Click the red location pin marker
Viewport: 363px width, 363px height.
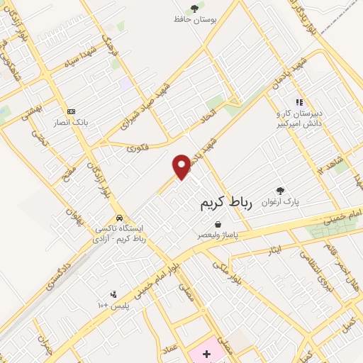point(182,166)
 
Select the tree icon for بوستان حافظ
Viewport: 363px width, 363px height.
point(194,8)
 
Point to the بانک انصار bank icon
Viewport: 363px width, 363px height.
point(71,111)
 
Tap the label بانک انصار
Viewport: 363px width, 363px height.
point(72,122)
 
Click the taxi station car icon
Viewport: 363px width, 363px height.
point(119,218)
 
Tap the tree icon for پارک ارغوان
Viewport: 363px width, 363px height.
point(280,191)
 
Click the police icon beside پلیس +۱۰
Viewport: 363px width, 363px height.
point(113,294)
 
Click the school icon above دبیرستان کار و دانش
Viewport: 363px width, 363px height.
point(299,101)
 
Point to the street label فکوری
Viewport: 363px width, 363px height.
point(138,148)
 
